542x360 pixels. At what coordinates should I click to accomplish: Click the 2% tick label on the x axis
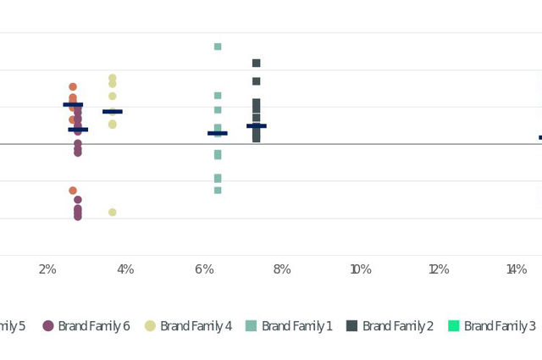(x=47, y=269)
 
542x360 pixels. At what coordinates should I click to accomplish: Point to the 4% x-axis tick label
(x=125, y=269)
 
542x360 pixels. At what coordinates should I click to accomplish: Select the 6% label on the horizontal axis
(x=204, y=269)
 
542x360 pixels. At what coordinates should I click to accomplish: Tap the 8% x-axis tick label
(x=282, y=269)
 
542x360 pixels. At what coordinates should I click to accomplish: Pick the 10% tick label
(x=361, y=269)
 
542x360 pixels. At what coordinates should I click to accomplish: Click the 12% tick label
(x=439, y=269)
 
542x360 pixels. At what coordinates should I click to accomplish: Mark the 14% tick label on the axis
(x=517, y=269)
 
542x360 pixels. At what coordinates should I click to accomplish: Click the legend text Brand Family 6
(x=93, y=326)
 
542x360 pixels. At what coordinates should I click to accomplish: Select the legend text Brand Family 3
(x=500, y=326)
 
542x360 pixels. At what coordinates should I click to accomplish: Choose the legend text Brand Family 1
(x=296, y=326)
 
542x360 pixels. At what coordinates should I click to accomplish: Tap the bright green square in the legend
(x=453, y=326)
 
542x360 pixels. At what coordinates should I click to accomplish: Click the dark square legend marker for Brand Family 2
(x=351, y=326)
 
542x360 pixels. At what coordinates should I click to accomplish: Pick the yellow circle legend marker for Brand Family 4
(x=150, y=326)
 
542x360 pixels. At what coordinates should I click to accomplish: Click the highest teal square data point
(x=218, y=47)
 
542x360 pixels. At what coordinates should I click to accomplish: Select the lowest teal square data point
(x=218, y=190)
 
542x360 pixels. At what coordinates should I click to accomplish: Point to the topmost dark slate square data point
(x=256, y=63)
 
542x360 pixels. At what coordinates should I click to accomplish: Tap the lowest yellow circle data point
(x=112, y=212)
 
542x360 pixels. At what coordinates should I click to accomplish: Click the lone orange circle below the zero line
(x=73, y=191)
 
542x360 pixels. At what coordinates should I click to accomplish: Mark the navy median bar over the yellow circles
(x=112, y=112)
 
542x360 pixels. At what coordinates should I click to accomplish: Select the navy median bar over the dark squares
(x=256, y=126)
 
